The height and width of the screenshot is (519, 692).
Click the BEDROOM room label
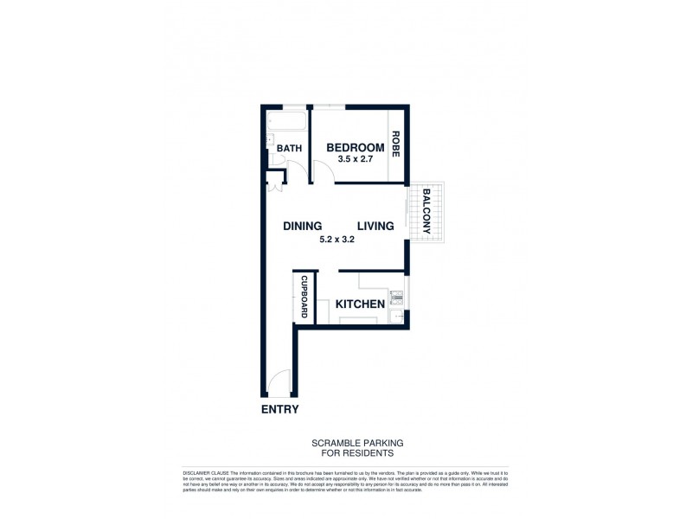tap(355, 148)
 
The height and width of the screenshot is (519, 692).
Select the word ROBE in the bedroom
tap(395, 143)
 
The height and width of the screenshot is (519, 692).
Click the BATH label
tap(289, 149)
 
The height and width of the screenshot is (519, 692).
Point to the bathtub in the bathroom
tap(286, 121)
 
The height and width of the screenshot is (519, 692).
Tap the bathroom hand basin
tap(269, 139)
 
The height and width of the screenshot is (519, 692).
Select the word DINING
tap(303, 226)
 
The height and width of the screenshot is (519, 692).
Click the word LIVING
tap(375, 226)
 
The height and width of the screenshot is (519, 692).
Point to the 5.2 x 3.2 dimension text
tap(339, 240)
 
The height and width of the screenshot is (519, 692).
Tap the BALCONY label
tap(426, 212)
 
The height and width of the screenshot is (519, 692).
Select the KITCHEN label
tap(359, 304)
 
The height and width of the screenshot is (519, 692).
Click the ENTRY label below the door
tap(279, 410)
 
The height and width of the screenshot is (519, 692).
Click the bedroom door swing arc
tap(321, 172)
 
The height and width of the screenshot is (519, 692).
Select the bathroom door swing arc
tap(295, 170)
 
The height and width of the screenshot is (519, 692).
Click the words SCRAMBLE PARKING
tap(357, 442)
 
